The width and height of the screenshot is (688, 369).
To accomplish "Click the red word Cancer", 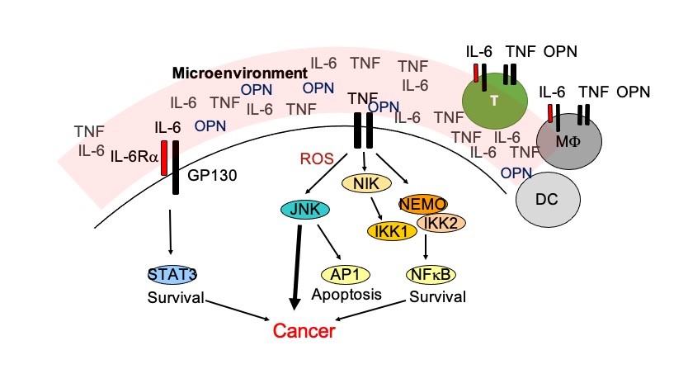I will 304,332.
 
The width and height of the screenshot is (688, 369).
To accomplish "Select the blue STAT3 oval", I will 172,273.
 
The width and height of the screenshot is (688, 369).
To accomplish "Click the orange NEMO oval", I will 423,203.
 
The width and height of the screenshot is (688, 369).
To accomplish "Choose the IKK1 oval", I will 389,229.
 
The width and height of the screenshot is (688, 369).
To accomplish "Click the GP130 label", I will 209,176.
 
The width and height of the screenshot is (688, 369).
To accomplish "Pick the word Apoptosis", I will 346,293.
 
